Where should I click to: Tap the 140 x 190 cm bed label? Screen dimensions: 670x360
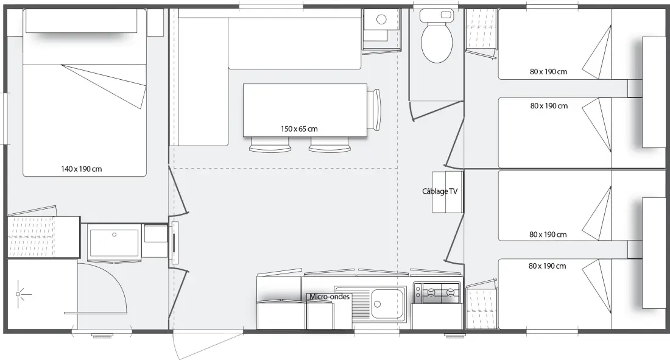coord(82,169)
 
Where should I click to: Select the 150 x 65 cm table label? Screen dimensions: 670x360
coord(299,129)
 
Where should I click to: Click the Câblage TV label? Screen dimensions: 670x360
coord(440,191)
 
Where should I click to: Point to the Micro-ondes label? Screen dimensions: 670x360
coord(330,296)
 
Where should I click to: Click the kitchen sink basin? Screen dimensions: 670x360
coord(389,303)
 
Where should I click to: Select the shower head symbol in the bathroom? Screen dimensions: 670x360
coord(18,294)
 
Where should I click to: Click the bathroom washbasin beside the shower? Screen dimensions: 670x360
coord(114,242)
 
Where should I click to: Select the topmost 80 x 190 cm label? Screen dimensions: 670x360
coord(549,72)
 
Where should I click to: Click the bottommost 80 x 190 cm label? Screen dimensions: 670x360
coord(548,266)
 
